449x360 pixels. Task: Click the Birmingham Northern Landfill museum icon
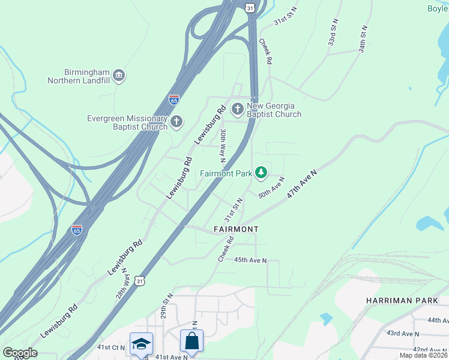click(x=118, y=75)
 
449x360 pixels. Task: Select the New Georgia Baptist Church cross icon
click(x=238, y=109)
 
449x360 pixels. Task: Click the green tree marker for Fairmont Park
click(x=261, y=173)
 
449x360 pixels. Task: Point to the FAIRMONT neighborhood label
click(x=236, y=230)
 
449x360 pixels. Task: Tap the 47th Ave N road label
click(x=301, y=184)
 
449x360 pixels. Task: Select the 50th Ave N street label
click(x=271, y=187)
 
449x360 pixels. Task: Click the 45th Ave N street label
click(x=250, y=260)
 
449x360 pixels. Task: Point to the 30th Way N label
click(x=222, y=146)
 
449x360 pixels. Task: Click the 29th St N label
click(x=166, y=307)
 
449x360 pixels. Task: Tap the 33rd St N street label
click(x=332, y=35)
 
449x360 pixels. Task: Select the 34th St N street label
click(x=363, y=38)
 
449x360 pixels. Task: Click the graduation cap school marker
click(x=142, y=343)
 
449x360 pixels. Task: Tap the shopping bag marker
click(x=191, y=340)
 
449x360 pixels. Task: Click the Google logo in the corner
click(x=20, y=353)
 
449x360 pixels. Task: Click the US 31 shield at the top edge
click(x=249, y=5)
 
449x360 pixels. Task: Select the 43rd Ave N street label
click(x=402, y=333)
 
